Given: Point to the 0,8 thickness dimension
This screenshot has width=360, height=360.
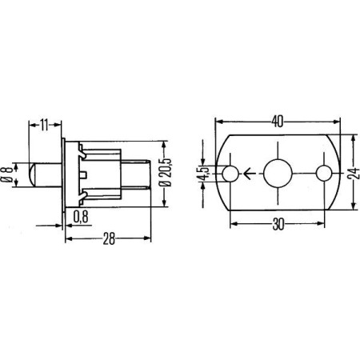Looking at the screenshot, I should coord(81,215).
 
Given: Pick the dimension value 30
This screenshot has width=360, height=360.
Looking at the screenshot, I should coord(277,226).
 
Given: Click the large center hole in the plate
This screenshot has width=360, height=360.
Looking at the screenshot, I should coord(277,173).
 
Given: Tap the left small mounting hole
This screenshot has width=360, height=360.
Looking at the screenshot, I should coord(230,173).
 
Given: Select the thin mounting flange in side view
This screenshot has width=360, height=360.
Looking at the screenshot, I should coord(64,173).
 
